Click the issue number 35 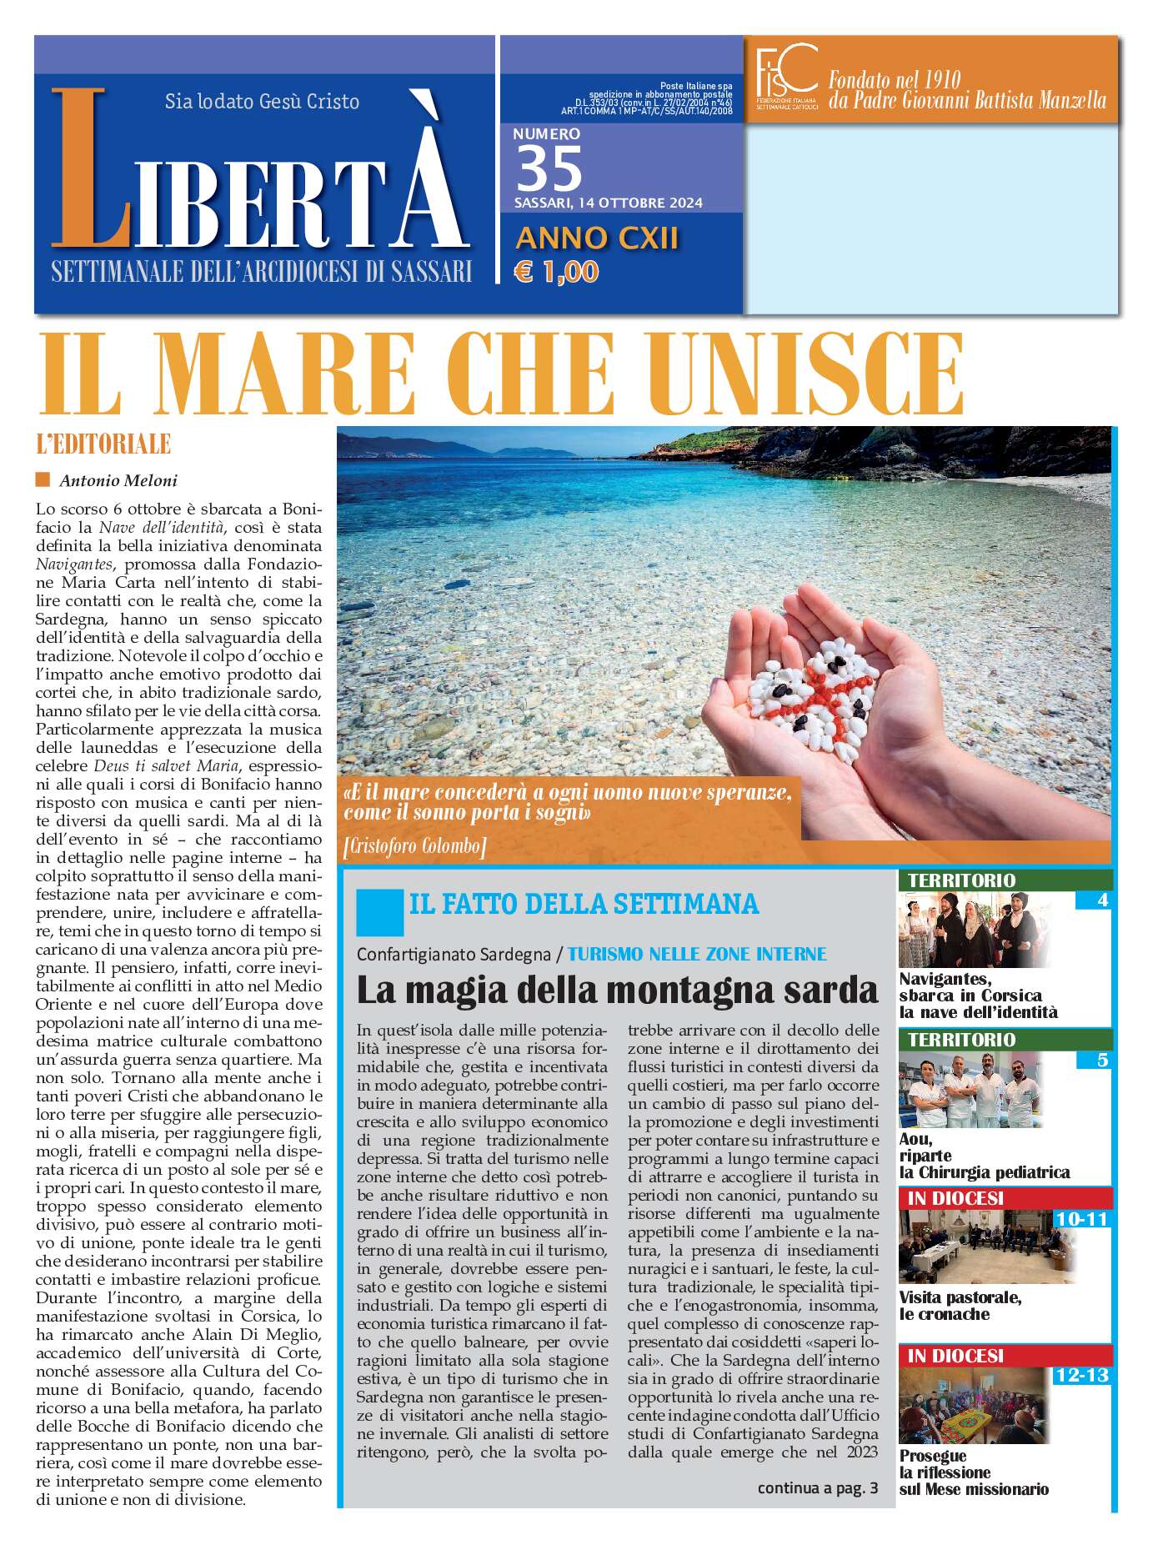pyautogui.click(x=549, y=168)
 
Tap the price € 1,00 pyautogui.click(x=556, y=272)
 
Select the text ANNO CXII pyautogui.click(x=597, y=238)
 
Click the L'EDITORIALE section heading pyautogui.click(x=103, y=444)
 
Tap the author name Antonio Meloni pyautogui.click(x=118, y=480)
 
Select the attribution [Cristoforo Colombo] pyautogui.click(x=414, y=846)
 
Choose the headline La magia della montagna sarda pyautogui.click(x=617, y=990)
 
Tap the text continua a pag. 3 pyautogui.click(x=817, y=1488)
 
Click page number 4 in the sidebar pyautogui.click(x=1102, y=900)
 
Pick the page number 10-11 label pyautogui.click(x=1081, y=1219)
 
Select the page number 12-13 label pyautogui.click(x=1081, y=1375)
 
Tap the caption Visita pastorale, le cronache pyautogui.click(x=960, y=1306)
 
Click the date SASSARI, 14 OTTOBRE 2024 pyautogui.click(x=608, y=203)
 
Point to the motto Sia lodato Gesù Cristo pyautogui.click(x=262, y=102)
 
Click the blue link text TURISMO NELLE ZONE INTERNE pyautogui.click(x=697, y=954)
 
